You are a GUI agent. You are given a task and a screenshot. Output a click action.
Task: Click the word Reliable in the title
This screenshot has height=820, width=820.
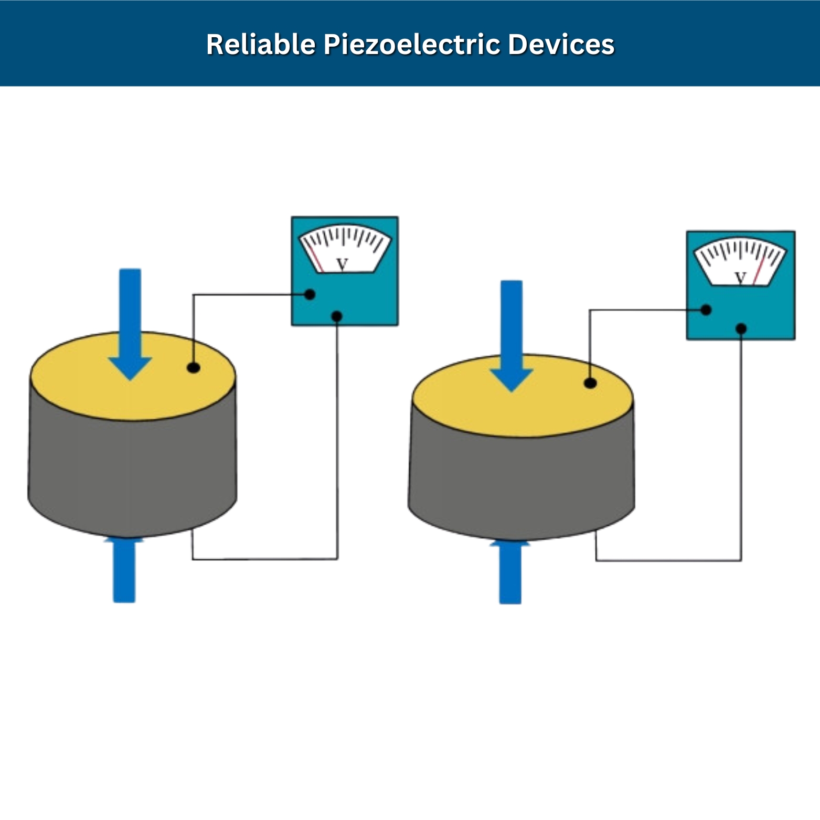260,44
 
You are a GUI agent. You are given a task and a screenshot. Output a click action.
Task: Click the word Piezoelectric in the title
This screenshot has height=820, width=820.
411,44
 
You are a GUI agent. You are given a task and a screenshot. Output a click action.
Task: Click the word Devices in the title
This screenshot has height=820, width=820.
561,44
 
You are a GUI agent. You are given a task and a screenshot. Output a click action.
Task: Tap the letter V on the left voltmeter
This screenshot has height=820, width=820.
342,264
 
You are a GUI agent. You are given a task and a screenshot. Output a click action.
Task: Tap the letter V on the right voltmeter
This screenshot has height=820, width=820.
740,277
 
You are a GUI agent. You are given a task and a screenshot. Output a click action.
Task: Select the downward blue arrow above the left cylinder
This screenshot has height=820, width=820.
130,320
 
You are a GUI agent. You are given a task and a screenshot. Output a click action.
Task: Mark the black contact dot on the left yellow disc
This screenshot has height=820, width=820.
194,367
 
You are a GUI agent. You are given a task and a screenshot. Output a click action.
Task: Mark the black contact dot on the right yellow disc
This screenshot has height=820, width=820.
590,383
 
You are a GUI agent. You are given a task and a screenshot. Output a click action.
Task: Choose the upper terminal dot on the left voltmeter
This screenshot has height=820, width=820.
310,294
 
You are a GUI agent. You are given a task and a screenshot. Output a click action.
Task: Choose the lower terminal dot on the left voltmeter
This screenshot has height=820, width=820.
337,316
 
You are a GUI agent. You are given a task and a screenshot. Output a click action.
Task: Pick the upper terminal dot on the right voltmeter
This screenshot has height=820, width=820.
706,310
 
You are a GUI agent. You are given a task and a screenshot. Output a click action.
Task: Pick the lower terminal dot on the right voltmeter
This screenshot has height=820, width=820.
741,328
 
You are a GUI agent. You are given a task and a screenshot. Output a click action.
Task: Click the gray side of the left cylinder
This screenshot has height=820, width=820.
131,472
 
